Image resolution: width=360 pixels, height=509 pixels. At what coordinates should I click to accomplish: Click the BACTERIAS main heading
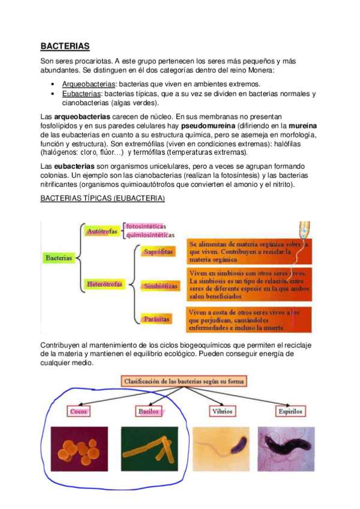point(65,46)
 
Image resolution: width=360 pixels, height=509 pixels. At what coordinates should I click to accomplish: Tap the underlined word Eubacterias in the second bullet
point(82,94)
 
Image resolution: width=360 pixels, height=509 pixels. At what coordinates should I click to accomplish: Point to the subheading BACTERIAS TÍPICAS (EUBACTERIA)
point(102,198)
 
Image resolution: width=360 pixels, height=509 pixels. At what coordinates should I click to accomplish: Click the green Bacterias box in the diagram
point(58,258)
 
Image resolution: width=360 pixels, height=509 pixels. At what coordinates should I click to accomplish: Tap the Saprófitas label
point(158,252)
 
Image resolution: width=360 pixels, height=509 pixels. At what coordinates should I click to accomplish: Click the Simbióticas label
point(160,286)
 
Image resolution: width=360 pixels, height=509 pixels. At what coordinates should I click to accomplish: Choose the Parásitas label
point(157,318)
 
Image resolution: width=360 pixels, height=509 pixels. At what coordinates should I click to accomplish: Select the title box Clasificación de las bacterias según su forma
point(184,381)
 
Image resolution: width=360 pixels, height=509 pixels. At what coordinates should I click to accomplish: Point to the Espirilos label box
point(290,412)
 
